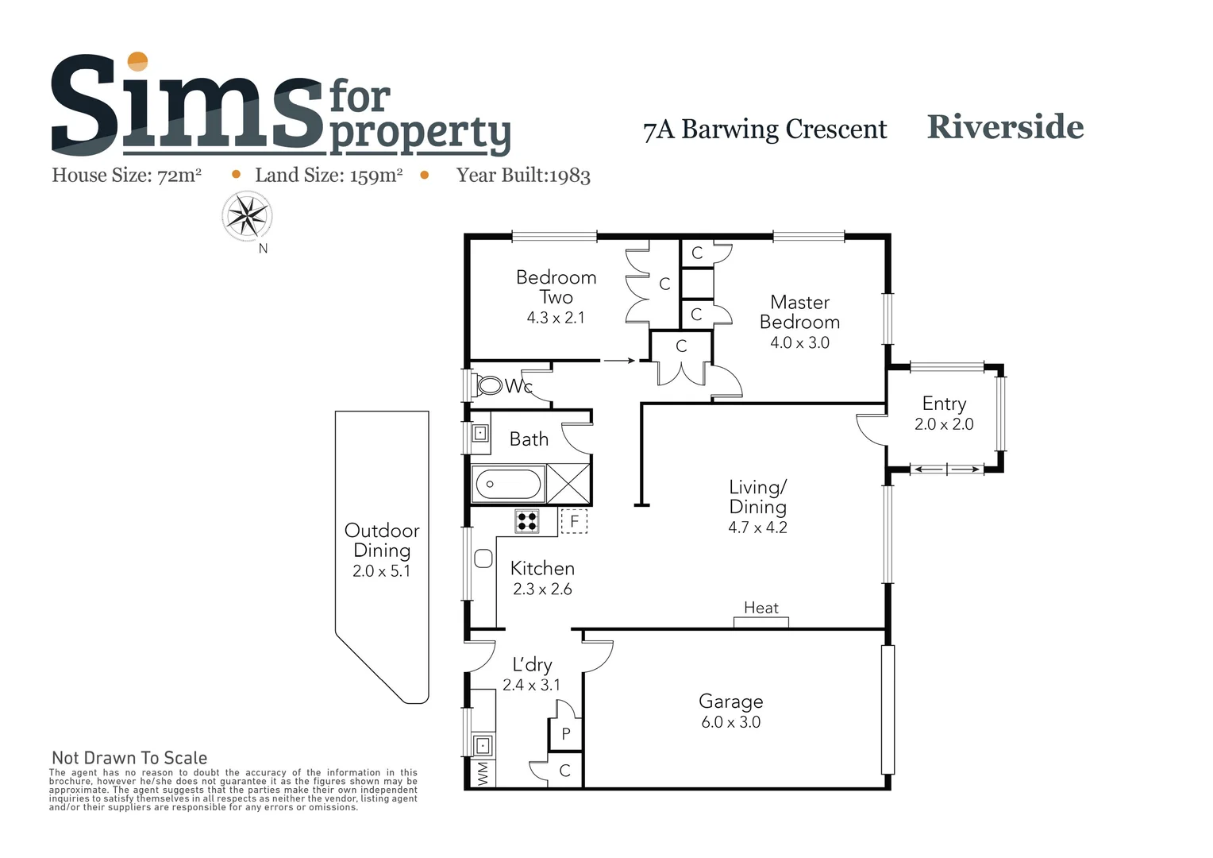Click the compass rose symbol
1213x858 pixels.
click(248, 215)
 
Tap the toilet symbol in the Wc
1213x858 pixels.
click(490, 386)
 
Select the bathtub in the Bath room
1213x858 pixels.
click(508, 484)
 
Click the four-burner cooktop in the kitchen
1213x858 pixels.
click(527, 521)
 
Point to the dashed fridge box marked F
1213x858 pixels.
click(574, 522)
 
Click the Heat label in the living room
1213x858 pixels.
click(761, 608)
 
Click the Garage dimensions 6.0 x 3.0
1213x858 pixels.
click(730, 722)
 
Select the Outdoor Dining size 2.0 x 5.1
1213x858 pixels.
click(381, 571)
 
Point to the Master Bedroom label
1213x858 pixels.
click(799, 312)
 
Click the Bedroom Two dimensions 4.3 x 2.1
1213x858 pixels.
click(556, 318)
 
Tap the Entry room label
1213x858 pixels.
click(944, 404)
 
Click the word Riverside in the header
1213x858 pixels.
click(1005, 127)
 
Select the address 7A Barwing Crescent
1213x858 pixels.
click(764, 129)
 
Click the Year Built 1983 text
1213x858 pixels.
click(523, 176)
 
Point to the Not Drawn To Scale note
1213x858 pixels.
click(129, 758)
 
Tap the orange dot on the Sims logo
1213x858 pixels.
click(138, 61)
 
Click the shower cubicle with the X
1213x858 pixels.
click(568, 484)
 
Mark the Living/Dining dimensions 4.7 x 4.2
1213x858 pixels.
click(757, 528)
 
